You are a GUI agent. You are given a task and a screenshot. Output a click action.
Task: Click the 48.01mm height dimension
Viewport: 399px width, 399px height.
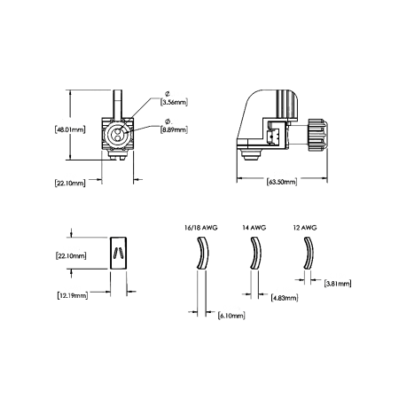[69, 129]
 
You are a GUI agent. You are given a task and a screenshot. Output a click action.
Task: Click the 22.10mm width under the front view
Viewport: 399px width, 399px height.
[69, 184]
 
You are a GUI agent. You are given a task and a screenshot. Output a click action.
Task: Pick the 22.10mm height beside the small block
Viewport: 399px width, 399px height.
[69, 255]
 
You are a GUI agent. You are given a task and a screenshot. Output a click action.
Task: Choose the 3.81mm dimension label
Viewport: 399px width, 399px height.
[338, 284]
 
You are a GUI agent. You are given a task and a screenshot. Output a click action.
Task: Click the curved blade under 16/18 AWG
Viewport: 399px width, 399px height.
[201, 258]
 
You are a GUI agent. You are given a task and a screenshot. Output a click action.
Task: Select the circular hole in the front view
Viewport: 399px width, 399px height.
[115, 135]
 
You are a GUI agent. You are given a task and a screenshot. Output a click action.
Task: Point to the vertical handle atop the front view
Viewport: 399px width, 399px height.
[117, 100]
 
